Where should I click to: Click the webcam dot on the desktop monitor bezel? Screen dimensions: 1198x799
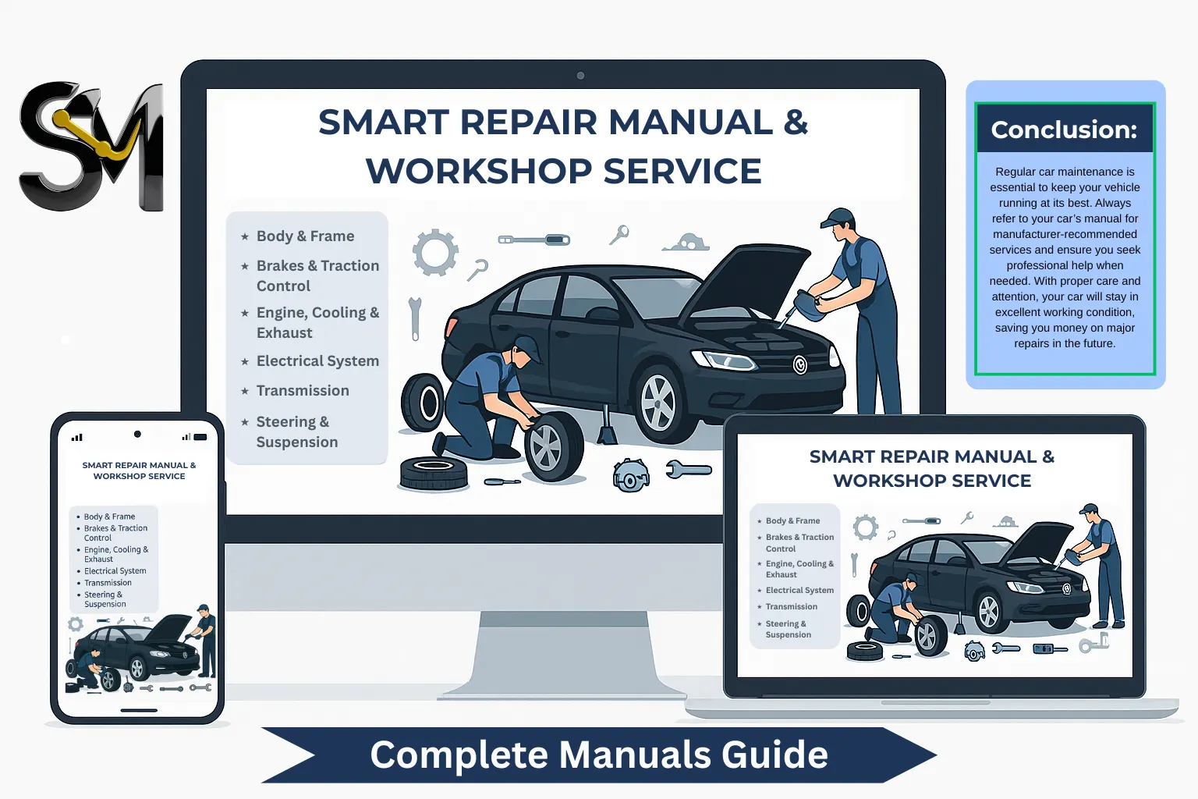click(580, 76)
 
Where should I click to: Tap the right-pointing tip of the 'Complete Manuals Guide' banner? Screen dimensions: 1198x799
click(937, 755)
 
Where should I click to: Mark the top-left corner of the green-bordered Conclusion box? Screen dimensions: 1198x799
click(974, 102)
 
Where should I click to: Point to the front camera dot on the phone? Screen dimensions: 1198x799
click(137, 434)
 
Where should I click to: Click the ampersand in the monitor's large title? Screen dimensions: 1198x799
click(796, 122)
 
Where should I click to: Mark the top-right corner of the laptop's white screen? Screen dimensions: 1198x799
click(1132, 434)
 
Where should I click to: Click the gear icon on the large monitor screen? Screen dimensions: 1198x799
click(434, 252)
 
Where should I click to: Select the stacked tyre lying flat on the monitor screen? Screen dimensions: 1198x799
click(433, 473)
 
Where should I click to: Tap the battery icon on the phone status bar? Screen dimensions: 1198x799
click(200, 437)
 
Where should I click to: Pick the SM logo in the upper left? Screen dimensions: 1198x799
click(91, 146)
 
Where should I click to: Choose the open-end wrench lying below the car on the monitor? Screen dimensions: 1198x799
click(689, 470)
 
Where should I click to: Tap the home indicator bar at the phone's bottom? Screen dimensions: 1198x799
click(139, 711)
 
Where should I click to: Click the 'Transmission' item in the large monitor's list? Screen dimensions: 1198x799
click(303, 391)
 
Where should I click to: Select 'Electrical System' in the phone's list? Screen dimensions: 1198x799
click(115, 571)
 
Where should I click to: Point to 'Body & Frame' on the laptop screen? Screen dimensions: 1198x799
click(792, 520)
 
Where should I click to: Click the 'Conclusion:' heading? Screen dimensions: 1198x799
click(1065, 130)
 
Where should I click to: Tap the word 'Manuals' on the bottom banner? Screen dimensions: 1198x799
click(634, 755)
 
